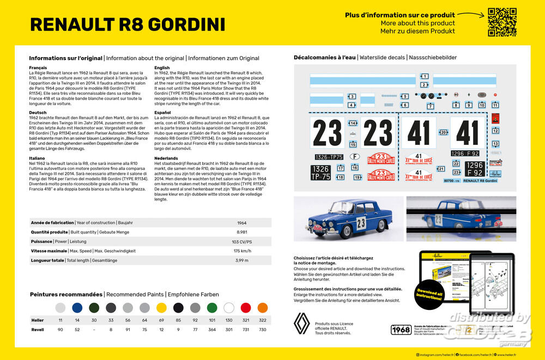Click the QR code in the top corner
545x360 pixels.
point(501,22)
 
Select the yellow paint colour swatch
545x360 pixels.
point(161,308)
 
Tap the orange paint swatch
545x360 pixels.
point(262,308)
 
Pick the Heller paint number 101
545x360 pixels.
point(211,320)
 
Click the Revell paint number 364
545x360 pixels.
point(211,330)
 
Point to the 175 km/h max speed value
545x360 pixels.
point(242,251)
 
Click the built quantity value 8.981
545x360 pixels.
point(242,232)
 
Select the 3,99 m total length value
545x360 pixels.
point(242,260)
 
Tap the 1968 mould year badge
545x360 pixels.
point(401,330)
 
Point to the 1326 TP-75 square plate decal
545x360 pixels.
point(320,173)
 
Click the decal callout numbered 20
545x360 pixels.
point(444,132)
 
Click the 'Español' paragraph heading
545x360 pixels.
point(162,113)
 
